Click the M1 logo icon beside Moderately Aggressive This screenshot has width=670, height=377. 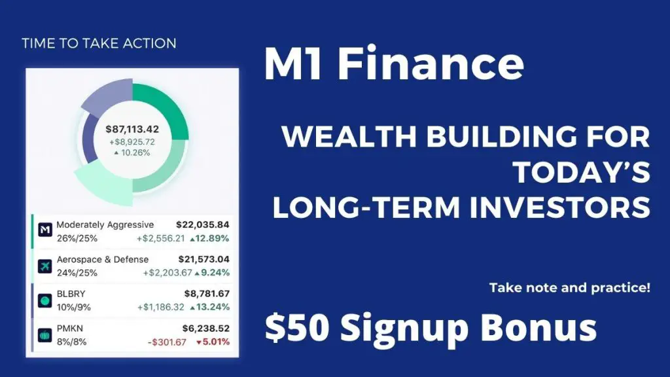click(x=45, y=230)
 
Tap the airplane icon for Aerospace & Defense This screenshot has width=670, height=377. click(x=45, y=266)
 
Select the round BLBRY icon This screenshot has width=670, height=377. click(x=45, y=300)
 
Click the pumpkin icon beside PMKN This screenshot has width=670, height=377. click(x=45, y=335)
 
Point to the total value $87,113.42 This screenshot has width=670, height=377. click(x=132, y=129)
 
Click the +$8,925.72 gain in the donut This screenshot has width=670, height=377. click(x=132, y=142)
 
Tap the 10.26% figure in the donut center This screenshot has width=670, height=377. click(x=132, y=153)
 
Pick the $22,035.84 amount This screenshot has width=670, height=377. click(x=203, y=225)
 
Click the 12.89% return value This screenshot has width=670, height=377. click(x=209, y=238)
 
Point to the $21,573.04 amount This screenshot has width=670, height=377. click(x=204, y=259)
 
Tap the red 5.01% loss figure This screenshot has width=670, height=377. click(x=213, y=342)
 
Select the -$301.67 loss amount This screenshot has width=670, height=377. click(x=167, y=342)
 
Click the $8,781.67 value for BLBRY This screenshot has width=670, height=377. click(x=207, y=294)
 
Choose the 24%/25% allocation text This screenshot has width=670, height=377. click(x=77, y=273)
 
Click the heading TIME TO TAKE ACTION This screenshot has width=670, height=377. click(x=99, y=43)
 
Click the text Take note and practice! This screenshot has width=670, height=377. click(x=570, y=288)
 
